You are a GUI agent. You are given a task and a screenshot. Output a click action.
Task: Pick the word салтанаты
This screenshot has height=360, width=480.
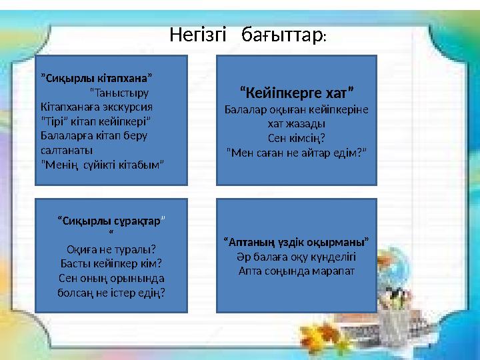(x=65, y=150)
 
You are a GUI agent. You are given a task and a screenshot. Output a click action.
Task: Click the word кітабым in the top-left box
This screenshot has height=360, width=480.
(x=139, y=164)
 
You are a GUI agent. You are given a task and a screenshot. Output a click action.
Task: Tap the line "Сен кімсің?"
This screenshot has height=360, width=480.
(x=296, y=138)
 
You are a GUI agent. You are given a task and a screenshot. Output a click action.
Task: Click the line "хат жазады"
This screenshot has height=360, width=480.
(x=296, y=123)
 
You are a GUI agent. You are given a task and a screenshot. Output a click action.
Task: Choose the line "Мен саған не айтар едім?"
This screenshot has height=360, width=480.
(x=296, y=152)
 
